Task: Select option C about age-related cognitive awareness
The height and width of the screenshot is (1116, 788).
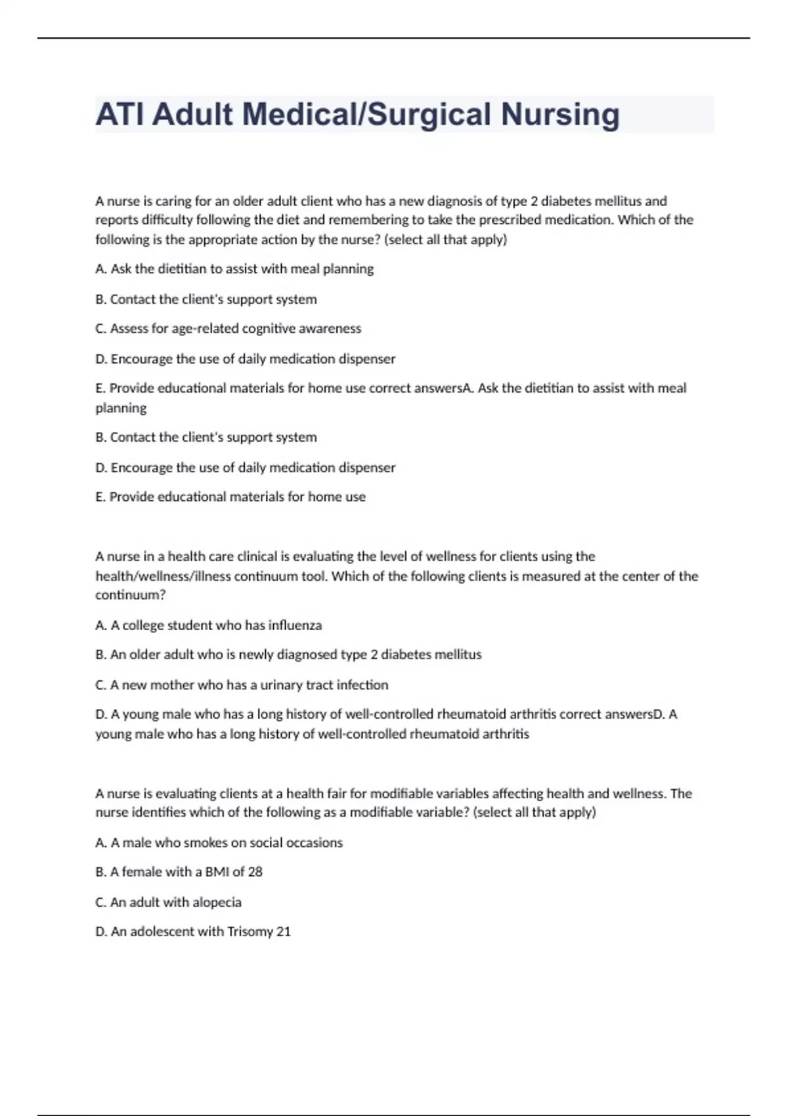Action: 228,328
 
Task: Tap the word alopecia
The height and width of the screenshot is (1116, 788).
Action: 217,902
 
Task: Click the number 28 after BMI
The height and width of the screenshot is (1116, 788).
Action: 255,872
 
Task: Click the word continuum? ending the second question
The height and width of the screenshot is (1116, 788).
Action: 130,595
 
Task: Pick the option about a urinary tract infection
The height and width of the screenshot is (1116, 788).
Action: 242,685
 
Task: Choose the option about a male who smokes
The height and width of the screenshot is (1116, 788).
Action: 219,842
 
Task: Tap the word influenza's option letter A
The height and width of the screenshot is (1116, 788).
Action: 100,625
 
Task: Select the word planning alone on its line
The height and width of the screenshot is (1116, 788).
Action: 121,408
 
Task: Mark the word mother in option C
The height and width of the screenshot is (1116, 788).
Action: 172,685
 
